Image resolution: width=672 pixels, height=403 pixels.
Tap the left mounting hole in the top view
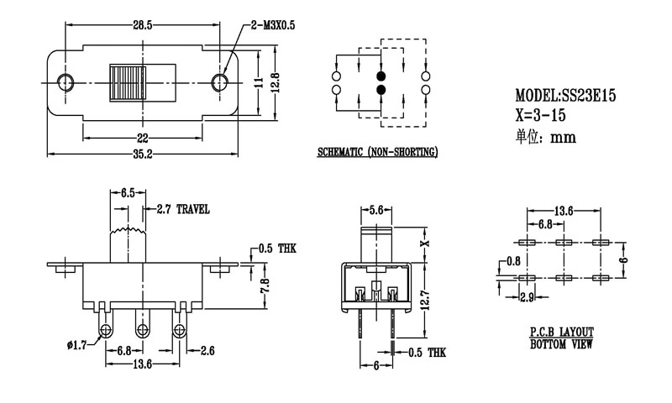65,81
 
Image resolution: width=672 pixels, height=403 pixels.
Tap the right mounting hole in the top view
221,81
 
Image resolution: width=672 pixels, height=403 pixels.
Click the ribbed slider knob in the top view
128,81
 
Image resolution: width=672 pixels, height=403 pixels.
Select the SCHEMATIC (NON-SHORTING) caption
377,153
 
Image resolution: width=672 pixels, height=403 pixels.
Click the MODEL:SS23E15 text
566,97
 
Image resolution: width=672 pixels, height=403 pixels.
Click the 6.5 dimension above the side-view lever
128,193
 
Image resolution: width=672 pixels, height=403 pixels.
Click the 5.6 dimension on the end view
375,209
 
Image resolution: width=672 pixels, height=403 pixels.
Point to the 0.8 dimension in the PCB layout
512,261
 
